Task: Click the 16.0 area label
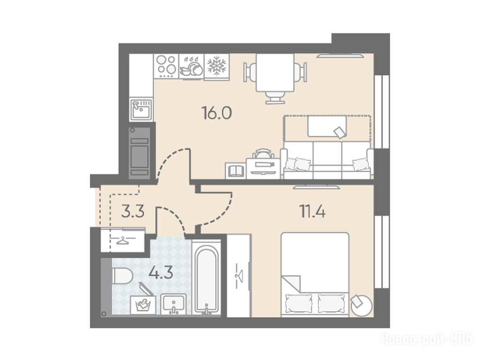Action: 217,113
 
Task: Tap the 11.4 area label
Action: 312,211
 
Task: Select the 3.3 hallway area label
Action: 133,211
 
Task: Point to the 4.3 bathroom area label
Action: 161,272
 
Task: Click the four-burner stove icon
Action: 166,66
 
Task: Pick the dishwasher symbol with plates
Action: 191,66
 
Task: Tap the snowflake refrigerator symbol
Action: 217,66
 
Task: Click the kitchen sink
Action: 141,109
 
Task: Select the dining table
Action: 275,73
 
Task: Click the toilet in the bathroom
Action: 122,276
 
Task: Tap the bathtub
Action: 206,277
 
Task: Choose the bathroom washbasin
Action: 173,304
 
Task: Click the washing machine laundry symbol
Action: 142,305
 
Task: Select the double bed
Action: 315,274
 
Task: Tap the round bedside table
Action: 361,305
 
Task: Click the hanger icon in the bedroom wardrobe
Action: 239,276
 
